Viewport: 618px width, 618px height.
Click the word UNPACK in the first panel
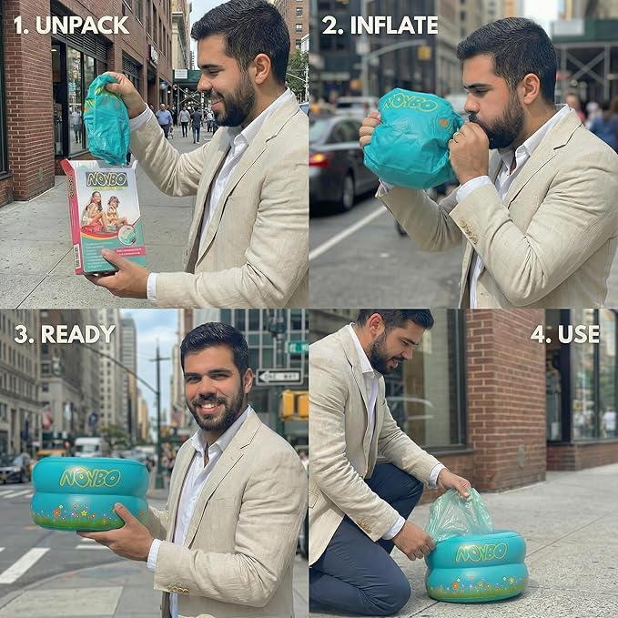coord(83,25)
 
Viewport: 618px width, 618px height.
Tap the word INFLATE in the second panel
coord(394,25)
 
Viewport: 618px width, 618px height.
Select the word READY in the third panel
coord(78,334)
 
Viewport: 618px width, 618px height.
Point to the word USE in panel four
coord(579,334)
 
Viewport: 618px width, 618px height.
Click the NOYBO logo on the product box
coord(106,179)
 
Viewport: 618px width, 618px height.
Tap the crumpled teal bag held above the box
coord(106,118)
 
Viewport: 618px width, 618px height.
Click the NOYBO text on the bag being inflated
coord(411,103)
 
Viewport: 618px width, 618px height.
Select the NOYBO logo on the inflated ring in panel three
coord(90,478)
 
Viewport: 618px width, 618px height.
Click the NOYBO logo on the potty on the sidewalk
coord(481,552)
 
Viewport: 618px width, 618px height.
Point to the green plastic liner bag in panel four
coord(459,514)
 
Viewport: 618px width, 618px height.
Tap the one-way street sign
coord(279,377)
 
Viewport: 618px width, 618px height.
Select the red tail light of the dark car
coord(321,159)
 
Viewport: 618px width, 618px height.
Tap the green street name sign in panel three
coord(298,348)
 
